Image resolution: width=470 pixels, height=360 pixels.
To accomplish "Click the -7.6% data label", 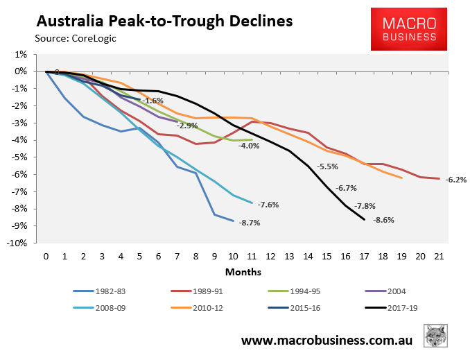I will [268, 205].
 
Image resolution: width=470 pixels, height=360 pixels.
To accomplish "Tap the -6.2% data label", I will [455, 180].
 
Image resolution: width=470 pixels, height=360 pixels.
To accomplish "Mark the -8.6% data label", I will [383, 220].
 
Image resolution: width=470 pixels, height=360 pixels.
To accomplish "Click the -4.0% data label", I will [249, 146].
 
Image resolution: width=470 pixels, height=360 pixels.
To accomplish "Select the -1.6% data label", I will [153, 101].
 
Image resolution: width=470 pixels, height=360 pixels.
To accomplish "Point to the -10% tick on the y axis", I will [18, 243].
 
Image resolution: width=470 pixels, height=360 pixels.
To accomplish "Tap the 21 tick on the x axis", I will [439, 256].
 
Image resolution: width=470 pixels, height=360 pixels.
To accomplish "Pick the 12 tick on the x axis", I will [270, 256].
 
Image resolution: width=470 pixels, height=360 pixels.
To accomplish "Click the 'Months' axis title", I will [243, 271].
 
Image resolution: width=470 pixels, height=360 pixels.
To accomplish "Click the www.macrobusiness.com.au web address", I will [328, 341].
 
